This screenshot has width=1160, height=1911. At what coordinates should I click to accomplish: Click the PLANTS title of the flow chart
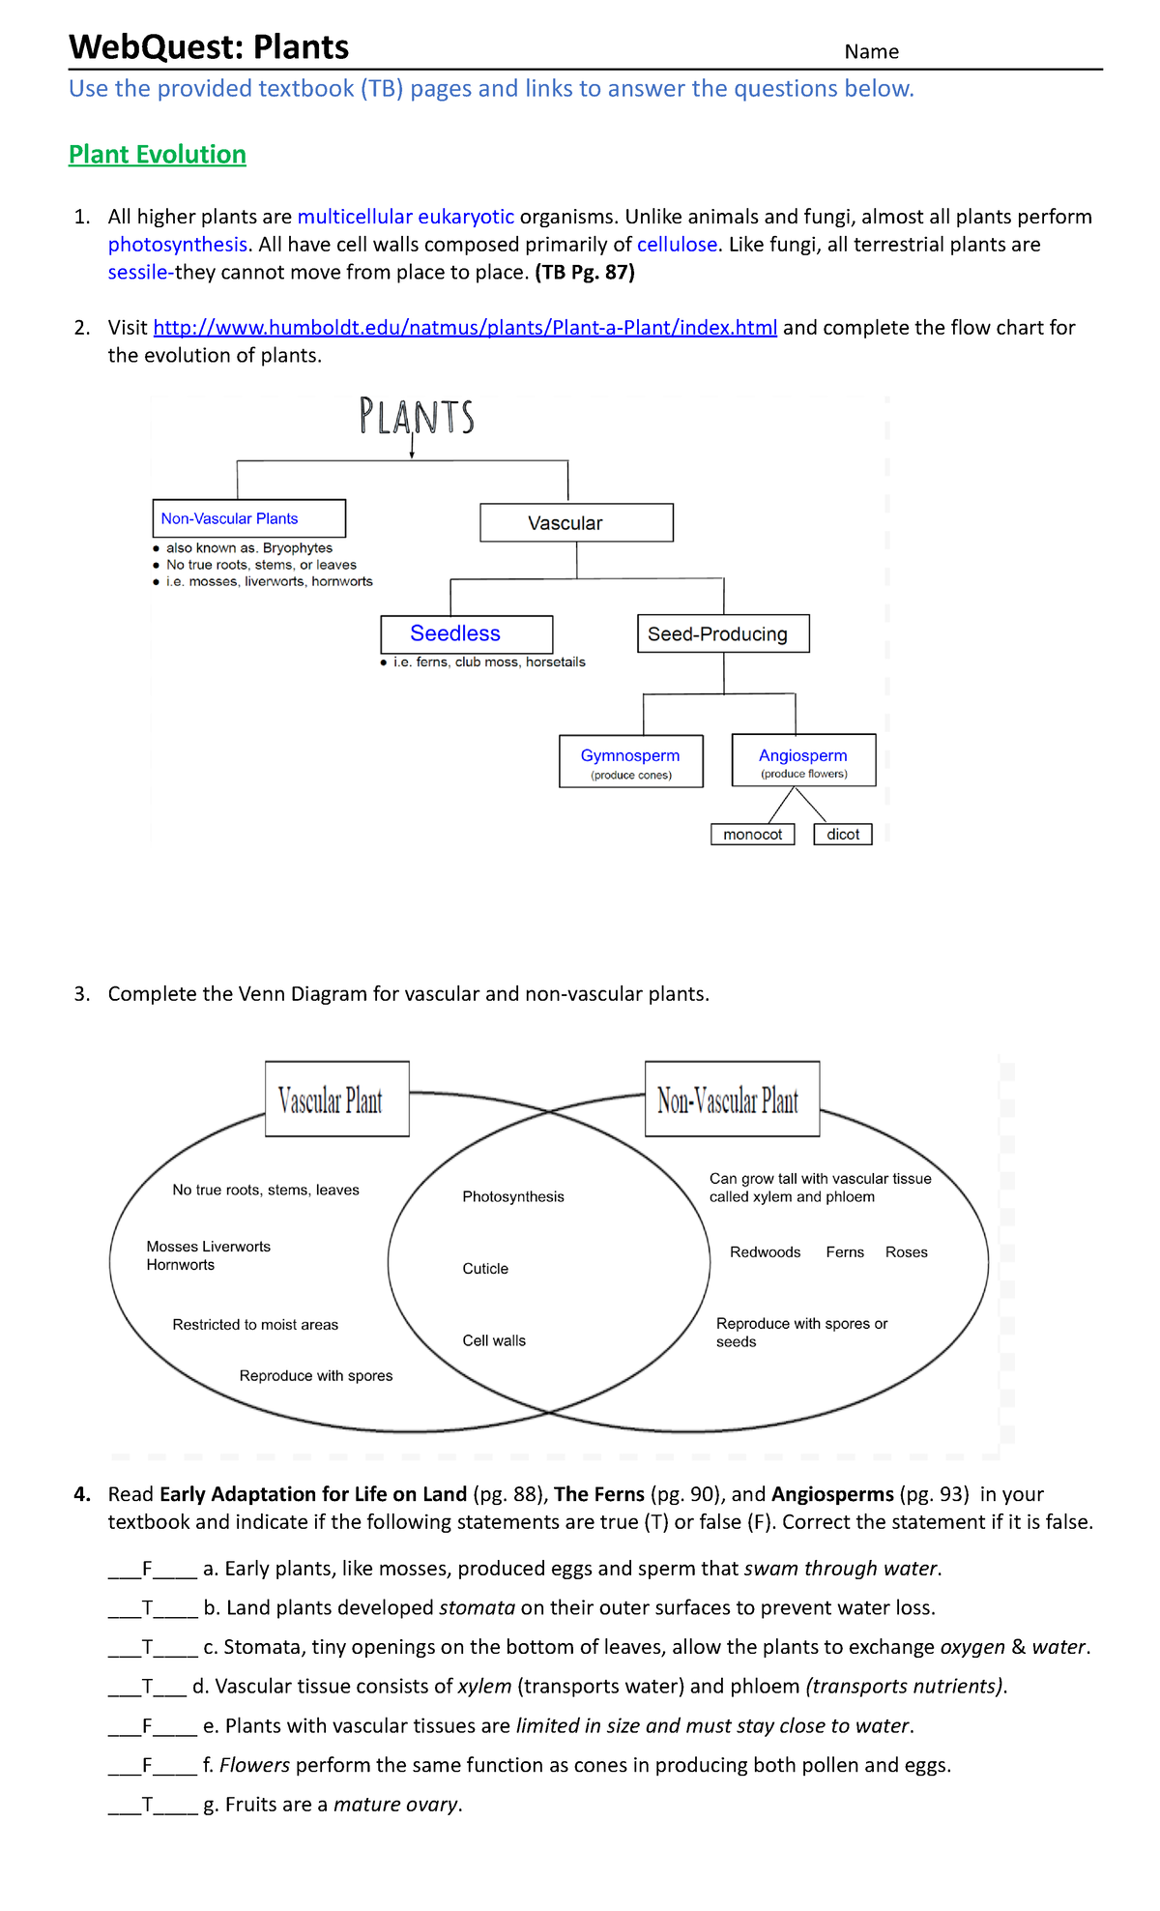417,417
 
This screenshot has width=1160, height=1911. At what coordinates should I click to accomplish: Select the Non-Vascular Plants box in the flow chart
248,518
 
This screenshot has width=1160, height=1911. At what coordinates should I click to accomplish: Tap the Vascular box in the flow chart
576,523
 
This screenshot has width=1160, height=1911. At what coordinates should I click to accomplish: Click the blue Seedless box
466,633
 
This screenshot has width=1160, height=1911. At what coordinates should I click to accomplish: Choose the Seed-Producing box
722,633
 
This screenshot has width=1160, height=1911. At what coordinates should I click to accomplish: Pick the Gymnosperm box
630,761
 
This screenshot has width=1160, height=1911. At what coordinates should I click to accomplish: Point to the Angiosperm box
803,760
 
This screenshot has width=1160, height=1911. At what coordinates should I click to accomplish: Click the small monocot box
752,835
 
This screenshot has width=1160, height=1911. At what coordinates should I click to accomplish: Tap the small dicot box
843,835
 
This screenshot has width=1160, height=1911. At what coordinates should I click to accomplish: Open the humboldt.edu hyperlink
465,328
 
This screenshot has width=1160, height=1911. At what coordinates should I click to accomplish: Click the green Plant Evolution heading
158,155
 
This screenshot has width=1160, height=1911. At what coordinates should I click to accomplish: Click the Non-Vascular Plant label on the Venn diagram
731,1100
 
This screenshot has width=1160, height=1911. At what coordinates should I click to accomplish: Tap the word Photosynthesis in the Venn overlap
512,1197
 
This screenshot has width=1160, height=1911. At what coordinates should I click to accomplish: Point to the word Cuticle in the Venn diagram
485,1269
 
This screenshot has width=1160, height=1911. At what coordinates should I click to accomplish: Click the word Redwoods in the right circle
765,1252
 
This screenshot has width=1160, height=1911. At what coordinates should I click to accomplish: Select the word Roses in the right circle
906,1252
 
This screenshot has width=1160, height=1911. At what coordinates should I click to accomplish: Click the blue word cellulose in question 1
677,245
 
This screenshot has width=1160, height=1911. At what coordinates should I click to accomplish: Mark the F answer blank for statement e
148,1726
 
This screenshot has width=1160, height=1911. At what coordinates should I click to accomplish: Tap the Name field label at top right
871,52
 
